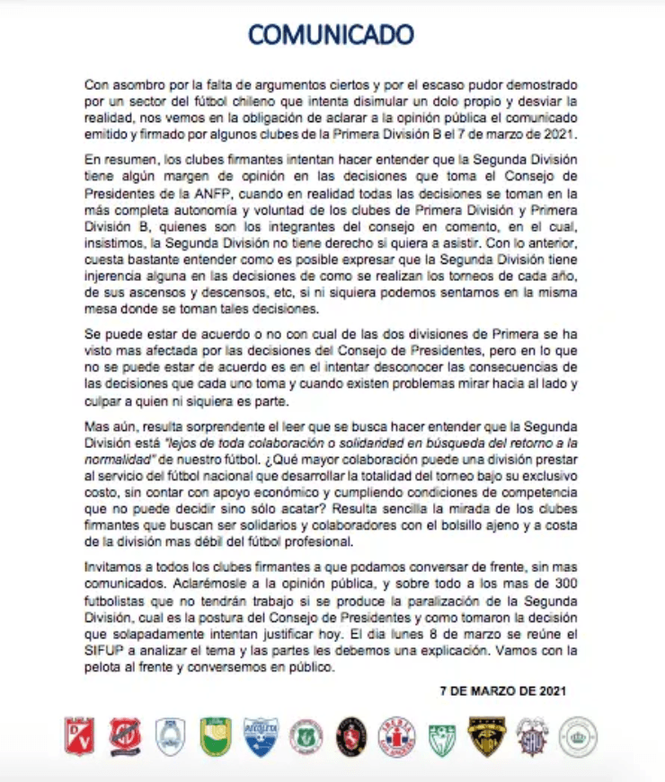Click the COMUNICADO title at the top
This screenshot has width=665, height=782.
point(331,35)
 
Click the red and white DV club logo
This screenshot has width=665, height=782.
point(80,736)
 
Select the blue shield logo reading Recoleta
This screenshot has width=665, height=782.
point(262,736)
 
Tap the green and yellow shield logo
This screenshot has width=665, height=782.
point(216,736)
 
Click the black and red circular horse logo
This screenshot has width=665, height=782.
point(351,736)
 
